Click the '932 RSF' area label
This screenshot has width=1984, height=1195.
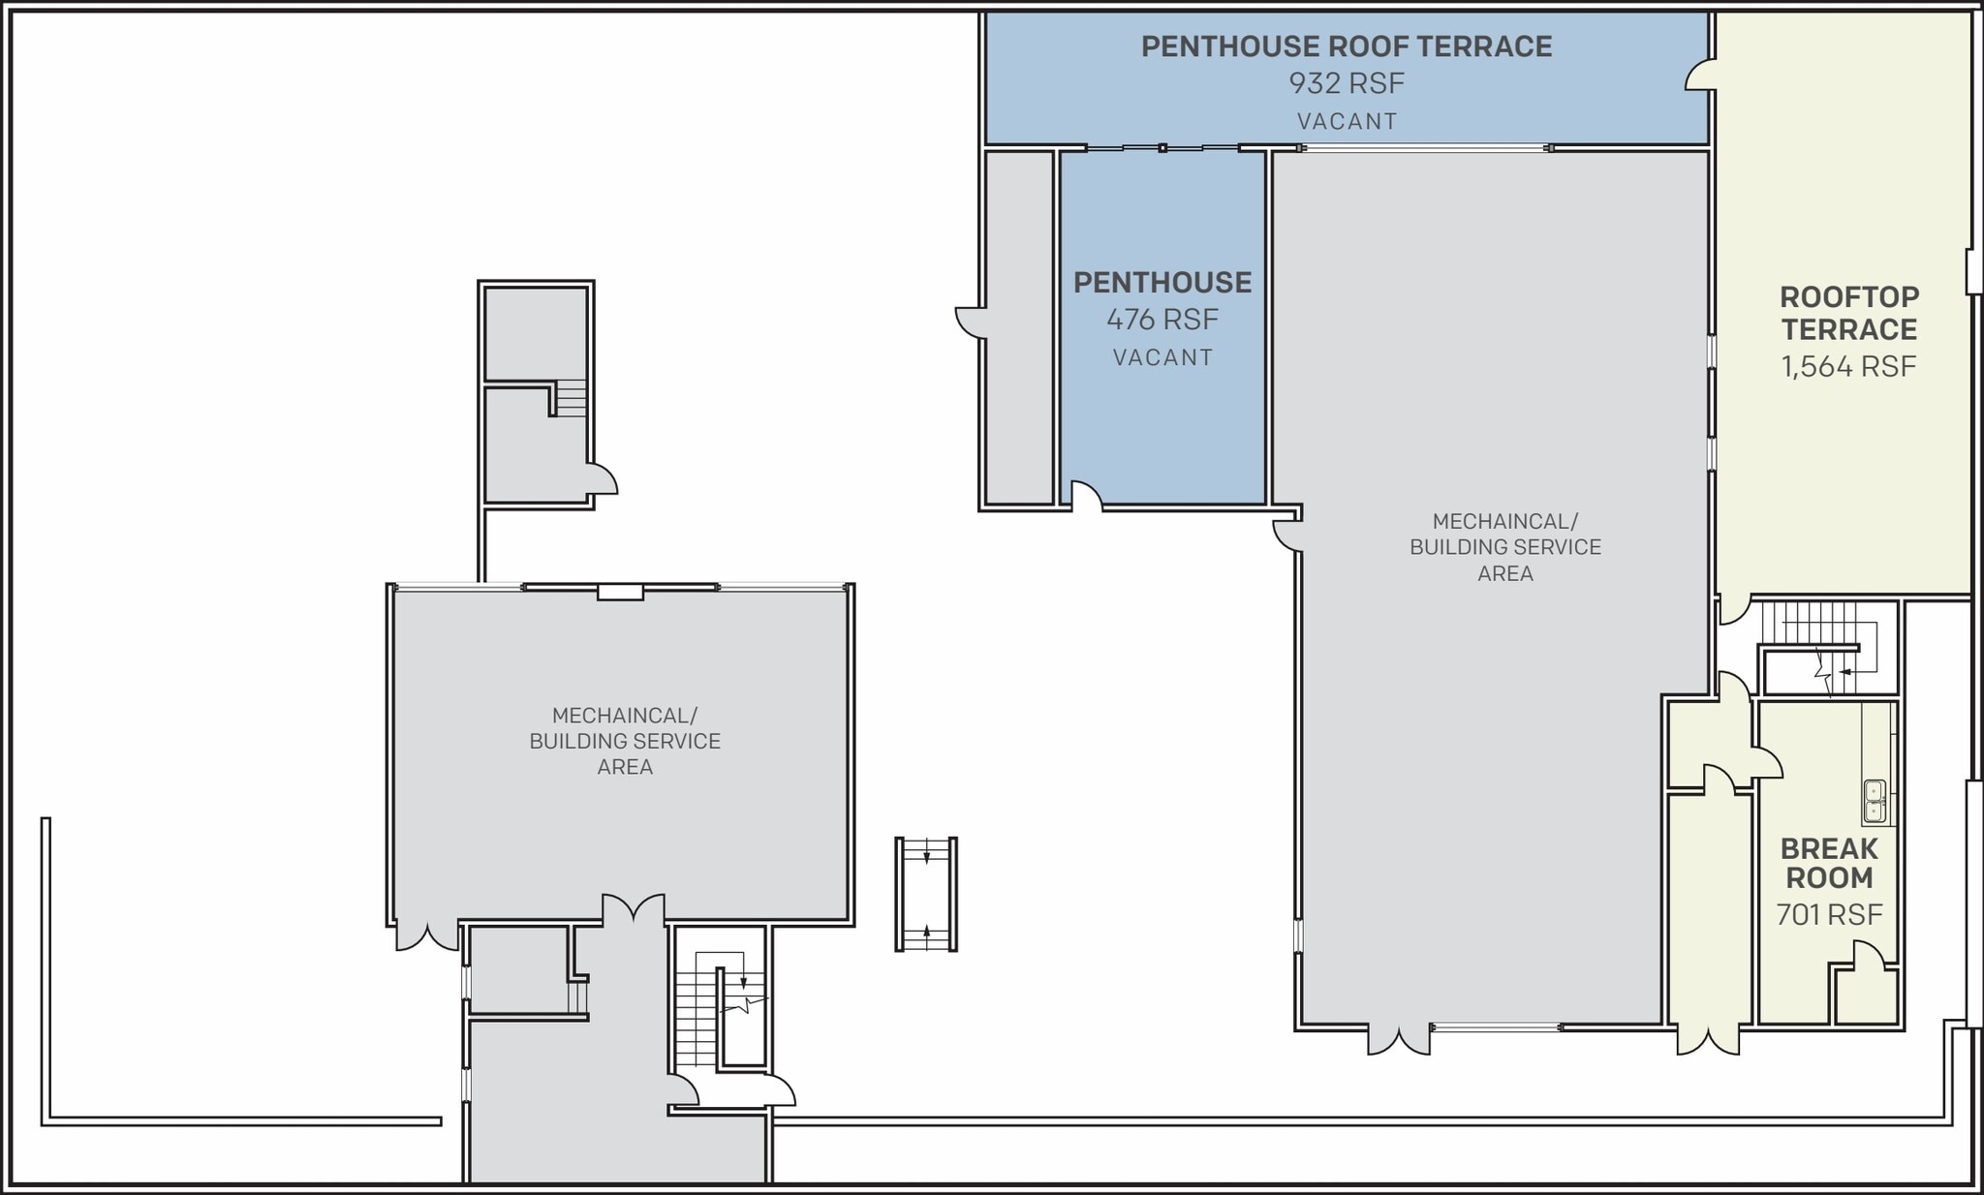coord(1346,83)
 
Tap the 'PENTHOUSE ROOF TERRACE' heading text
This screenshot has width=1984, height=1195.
coord(1346,46)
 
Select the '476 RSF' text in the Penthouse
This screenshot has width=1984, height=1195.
coord(1162,319)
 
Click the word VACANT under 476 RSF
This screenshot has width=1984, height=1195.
coord(1162,357)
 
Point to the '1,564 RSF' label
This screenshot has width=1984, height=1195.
coord(1847,366)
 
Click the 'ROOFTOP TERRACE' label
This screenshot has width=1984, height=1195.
coord(1847,313)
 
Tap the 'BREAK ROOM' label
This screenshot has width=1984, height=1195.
coord(1828,863)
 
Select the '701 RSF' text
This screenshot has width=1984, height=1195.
coord(1828,914)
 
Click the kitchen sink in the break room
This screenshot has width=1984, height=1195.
coord(1875,801)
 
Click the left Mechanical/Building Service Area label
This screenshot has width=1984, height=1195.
coord(624,741)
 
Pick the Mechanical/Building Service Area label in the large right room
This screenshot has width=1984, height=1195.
coord(1504,547)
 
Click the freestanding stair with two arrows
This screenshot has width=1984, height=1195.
coord(926,894)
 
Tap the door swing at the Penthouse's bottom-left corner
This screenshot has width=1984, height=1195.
coord(1086,495)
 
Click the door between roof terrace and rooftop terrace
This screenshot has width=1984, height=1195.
coord(1701,77)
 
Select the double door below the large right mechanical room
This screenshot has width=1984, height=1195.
coord(1398,1039)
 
